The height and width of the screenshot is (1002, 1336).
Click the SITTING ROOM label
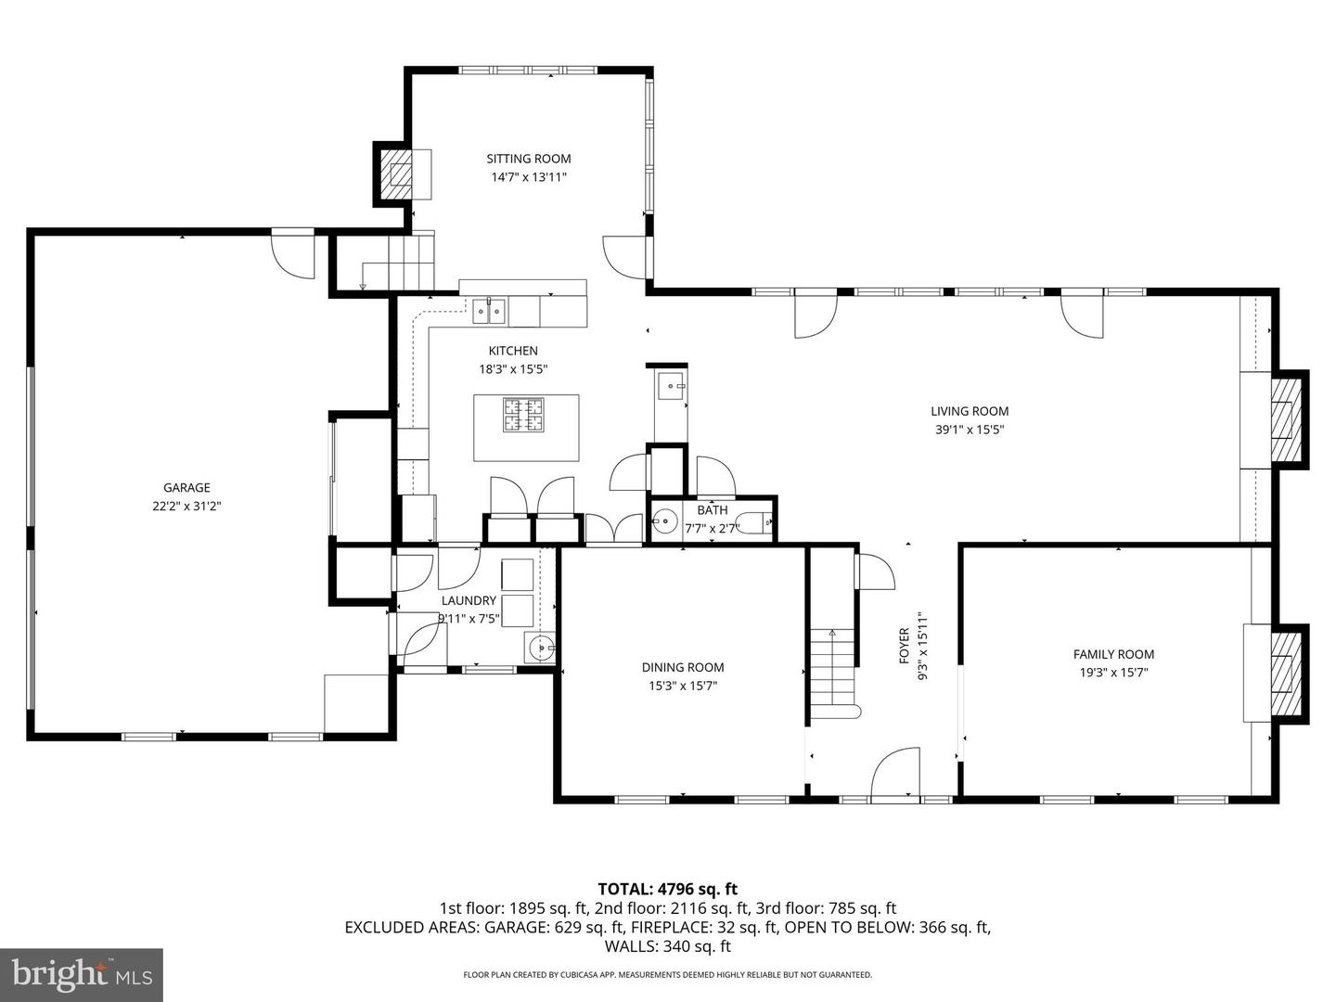tap(528, 159)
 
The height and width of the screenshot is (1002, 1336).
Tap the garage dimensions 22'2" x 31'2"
tap(186, 506)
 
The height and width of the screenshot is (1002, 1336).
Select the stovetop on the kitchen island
tap(524, 415)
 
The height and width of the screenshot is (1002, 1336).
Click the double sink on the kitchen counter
tap(489, 311)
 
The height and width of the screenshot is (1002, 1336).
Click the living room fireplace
tap(1285, 418)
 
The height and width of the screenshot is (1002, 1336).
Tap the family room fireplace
tap(1284, 674)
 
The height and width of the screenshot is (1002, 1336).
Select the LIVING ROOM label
tap(970, 411)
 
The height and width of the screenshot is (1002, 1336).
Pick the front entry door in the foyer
tap(895, 774)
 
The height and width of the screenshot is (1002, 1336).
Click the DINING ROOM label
tap(682, 667)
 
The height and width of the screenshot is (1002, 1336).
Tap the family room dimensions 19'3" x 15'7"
tap(1113, 673)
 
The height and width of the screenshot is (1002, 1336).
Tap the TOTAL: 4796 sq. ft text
tap(667, 890)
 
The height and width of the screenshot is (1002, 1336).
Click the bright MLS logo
tap(82, 974)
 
